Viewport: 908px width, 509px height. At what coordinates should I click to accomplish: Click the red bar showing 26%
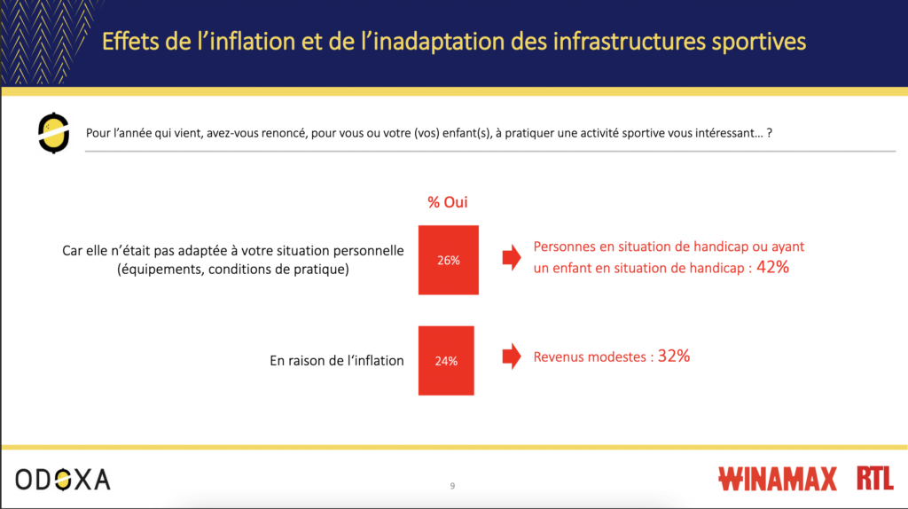[x=448, y=260]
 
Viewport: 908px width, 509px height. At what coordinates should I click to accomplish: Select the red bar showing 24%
[x=446, y=361]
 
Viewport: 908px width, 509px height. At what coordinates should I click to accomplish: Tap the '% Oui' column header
[x=448, y=202]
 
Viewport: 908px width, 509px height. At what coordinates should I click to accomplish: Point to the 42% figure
[x=772, y=267]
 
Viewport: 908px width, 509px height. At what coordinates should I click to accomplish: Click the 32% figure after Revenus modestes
[x=674, y=356]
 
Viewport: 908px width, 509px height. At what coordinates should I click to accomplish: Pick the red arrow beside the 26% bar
[x=512, y=257]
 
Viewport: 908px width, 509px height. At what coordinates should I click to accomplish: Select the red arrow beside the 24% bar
[x=512, y=356]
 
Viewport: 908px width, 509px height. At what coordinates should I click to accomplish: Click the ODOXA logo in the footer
[x=63, y=480]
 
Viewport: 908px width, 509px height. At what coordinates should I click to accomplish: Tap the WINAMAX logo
[x=777, y=479]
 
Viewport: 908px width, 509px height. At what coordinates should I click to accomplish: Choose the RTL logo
[x=875, y=478]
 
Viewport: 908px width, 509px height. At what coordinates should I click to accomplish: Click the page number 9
[x=452, y=486]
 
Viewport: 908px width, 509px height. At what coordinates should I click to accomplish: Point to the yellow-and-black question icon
[x=53, y=133]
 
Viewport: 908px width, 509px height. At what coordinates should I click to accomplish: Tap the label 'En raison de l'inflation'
[x=336, y=361]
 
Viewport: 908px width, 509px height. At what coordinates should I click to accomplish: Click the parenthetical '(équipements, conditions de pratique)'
[x=233, y=270]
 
